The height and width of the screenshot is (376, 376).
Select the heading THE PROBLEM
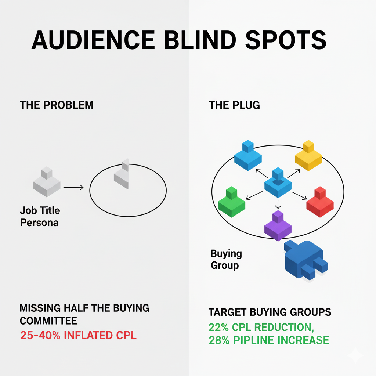tap(57, 105)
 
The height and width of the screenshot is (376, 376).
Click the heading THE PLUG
tap(234, 105)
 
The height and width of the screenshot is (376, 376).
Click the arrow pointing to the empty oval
tap(73, 188)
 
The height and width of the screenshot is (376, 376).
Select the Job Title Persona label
tap(40, 217)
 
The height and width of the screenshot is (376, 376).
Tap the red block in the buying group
tap(320, 202)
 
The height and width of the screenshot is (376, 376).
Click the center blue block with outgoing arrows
tap(278, 182)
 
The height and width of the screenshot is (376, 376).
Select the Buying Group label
tap(226, 259)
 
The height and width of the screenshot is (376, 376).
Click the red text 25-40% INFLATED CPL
tap(78, 335)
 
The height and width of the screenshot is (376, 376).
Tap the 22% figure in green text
tap(219, 327)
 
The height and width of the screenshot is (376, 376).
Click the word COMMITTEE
tap(48, 321)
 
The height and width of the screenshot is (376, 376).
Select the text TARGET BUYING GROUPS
tap(270, 312)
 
